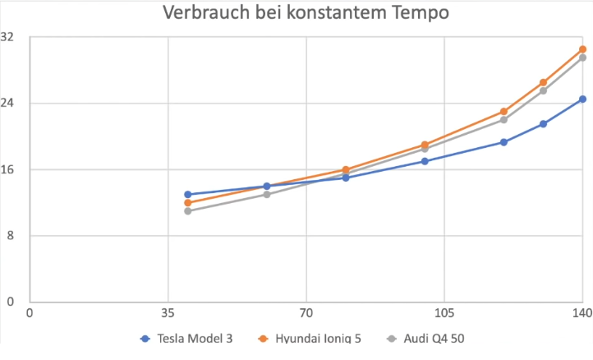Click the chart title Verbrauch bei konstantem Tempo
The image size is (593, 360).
click(306, 13)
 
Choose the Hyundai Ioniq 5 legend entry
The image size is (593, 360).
click(316, 338)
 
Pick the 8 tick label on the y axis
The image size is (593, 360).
click(11, 236)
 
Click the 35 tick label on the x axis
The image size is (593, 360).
click(168, 313)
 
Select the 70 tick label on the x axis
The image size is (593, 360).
click(306, 313)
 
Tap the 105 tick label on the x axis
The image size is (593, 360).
click(444, 313)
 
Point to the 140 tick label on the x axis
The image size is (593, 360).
click(582, 313)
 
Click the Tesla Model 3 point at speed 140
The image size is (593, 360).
click(582, 99)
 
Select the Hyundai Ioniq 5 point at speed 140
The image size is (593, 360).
click(582, 49)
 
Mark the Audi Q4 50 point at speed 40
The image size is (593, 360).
click(188, 211)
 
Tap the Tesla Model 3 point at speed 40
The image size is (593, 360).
click(188, 195)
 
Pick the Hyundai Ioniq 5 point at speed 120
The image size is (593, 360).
click(503, 112)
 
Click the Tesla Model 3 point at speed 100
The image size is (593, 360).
click(425, 161)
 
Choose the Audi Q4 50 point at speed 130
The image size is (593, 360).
click(543, 90)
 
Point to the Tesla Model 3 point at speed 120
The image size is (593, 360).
click(503, 142)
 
